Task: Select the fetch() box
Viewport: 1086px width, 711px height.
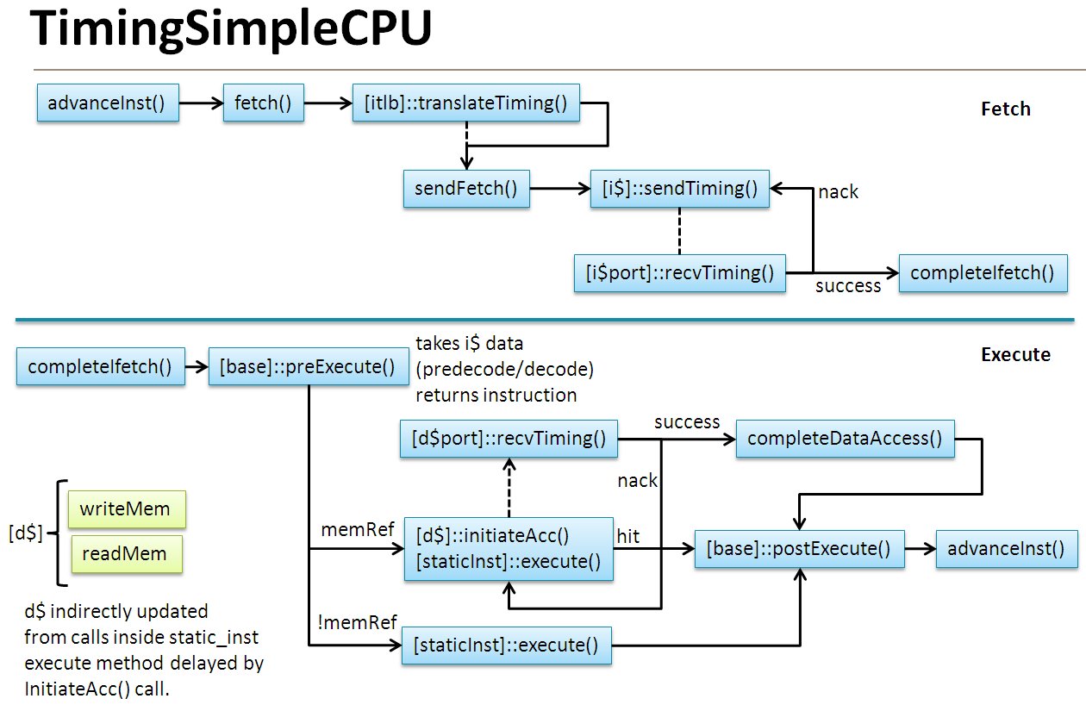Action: pyautogui.click(x=263, y=103)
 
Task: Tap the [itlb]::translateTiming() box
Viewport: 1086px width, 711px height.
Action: pyautogui.click(x=466, y=103)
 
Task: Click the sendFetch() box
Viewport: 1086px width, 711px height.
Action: pyautogui.click(x=466, y=189)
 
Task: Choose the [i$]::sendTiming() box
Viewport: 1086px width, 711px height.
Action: pyautogui.click(x=679, y=189)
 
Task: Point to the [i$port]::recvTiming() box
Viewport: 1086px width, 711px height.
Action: pyautogui.click(x=680, y=273)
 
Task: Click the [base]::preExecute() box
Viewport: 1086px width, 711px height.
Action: pyautogui.click(x=308, y=366)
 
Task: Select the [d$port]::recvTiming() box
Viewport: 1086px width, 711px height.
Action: pyautogui.click(x=508, y=438)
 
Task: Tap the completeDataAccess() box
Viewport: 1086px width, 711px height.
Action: pyautogui.click(x=845, y=438)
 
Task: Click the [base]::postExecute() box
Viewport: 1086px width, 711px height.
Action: pyautogui.click(x=799, y=548)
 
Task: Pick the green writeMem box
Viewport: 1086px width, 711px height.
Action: pyautogui.click(x=126, y=509)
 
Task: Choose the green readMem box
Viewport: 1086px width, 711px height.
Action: pyautogui.click(x=126, y=553)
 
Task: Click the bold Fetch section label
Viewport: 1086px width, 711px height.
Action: pyautogui.click(x=1006, y=109)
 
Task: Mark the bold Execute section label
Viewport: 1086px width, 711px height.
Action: pyautogui.click(x=1015, y=354)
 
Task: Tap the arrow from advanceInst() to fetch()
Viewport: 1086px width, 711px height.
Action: pyautogui.click(x=201, y=103)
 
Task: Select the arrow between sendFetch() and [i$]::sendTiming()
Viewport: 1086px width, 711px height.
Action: pyautogui.click(x=559, y=189)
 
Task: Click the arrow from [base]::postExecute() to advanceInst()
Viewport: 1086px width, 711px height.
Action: pyautogui.click(x=920, y=548)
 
